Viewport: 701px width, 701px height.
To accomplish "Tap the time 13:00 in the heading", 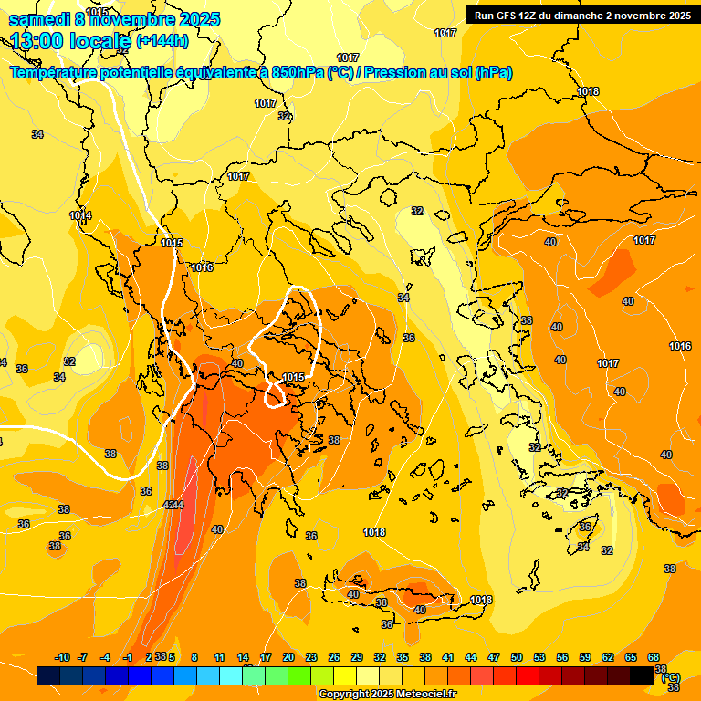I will click(x=42, y=41).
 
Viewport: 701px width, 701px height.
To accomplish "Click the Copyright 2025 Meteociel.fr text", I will click(x=387, y=695).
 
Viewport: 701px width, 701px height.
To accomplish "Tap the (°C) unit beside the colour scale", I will click(x=671, y=677).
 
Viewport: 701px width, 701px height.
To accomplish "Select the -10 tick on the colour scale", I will click(x=63, y=657).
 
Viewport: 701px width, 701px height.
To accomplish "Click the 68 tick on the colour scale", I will click(x=654, y=657).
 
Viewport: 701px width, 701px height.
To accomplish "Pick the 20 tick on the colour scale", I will click(x=288, y=657).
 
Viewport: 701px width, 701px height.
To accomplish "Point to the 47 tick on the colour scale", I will click(x=494, y=657).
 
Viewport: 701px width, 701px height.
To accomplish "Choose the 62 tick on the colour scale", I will click(x=608, y=657).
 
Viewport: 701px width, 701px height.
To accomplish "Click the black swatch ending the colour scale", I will click(x=642, y=676).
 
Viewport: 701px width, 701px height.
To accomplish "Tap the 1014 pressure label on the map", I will click(x=80, y=216).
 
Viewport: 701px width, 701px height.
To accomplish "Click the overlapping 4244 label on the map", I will click(x=173, y=505).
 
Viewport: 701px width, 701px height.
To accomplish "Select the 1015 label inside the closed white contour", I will click(x=293, y=377).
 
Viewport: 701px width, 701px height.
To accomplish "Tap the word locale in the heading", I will click(x=101, y=41).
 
